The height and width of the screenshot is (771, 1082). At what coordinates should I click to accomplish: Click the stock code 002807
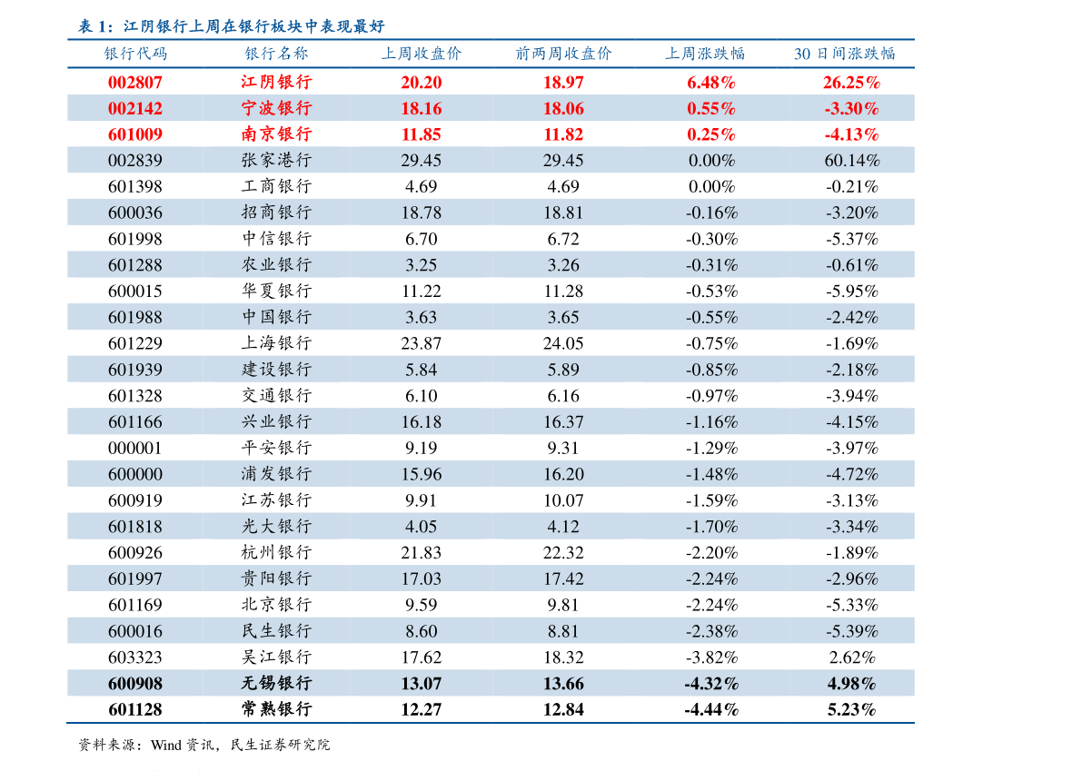pyautogui.click(x=135, y=82)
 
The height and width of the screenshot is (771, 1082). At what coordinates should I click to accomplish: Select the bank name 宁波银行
pyautogui.click(x=276, y=108)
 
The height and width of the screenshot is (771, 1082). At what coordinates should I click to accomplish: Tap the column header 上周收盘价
pyautogui.click(x=421, y=54)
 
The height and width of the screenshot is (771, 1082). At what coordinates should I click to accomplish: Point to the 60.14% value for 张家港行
pyautogui.click(x=851, y=161)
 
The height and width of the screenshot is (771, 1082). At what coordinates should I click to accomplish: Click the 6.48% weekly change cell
pyautogui.click(x=711, y=82)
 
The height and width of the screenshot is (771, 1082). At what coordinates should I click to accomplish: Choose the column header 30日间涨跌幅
pyautogui.click(x=844, y=54)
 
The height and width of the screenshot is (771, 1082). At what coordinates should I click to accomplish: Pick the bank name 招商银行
pyautogui.click(x=276, y=213)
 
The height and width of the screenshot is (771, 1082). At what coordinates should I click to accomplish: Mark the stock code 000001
pyautogui.click(x=135, y=448)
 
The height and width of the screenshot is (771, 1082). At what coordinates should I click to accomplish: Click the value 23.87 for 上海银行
pyautogui.click(x=421, y=343)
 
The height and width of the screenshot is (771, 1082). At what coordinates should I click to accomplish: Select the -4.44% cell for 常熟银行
pyautogui.click(x=711, y=709)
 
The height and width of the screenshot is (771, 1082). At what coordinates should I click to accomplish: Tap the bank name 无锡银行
pyautogui.click(x=276, y=683)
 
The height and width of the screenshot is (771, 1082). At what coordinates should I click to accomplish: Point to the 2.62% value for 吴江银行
pyautogui.click(x=851, y=657)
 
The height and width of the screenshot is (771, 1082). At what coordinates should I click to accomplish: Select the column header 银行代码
pyautogui.click(x=135, y=54)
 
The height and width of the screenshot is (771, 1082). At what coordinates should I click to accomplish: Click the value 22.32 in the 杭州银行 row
pyautogui.click(x=563, y=552)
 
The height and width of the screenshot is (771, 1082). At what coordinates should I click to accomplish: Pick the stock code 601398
pyautogui.click(x=135, y=186)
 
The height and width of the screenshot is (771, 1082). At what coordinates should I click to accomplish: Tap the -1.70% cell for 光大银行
pyautogui.click(x=711, y=526)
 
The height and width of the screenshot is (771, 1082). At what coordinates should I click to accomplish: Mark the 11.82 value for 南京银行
pyautogui.click(x=563, y=134)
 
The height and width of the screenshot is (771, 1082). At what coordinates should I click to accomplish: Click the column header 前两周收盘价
pyautogui.click(x=563, y=54)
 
